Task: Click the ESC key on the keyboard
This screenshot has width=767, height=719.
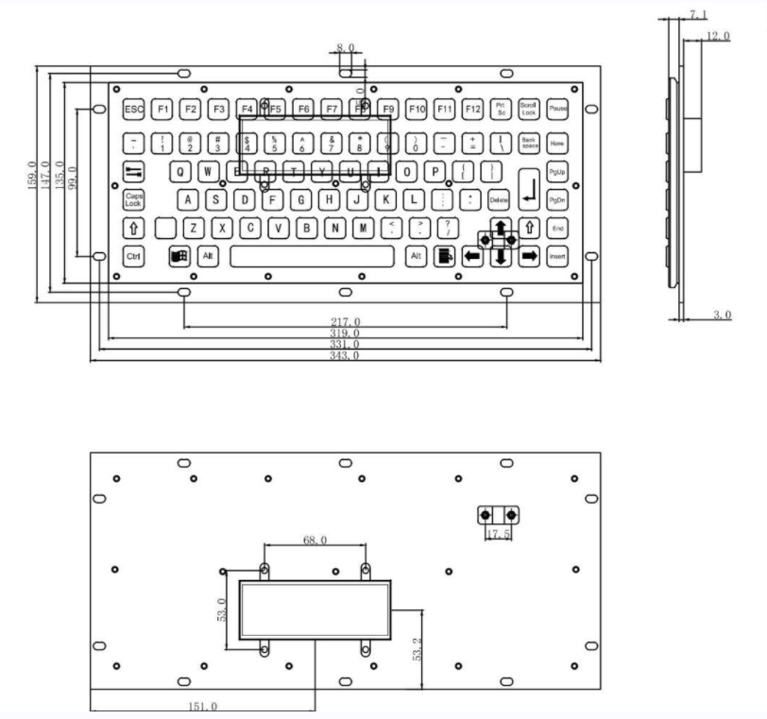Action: (x=134, y=111)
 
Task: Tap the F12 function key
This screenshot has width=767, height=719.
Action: (x=473, y=111)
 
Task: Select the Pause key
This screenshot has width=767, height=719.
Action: (x=557, y=111)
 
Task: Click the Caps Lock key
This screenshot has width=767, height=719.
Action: (x=133, y=199)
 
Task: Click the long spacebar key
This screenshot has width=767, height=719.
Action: (x=312, y=256)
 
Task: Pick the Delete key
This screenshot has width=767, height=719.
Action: (x=499, y=199)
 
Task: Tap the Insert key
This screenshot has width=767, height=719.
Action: (x=557, y=256)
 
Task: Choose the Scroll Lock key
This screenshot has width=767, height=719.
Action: (x=529, y=111)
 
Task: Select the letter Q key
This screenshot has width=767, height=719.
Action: (x=179, y=172)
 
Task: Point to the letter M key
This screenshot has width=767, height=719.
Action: (x=363, y=228)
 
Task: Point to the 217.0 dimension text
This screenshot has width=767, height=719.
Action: (x=345, y=323)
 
